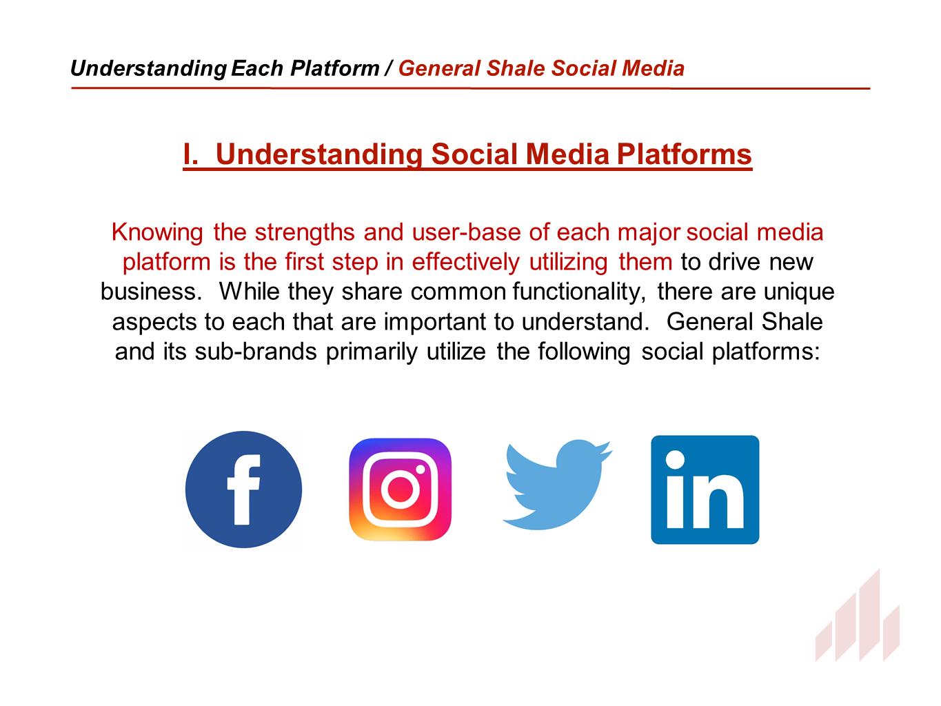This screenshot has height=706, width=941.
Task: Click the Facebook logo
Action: (x=243, y=489)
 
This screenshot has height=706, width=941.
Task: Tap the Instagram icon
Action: (x=400, y=489)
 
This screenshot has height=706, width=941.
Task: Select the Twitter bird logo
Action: (x=557, y=485)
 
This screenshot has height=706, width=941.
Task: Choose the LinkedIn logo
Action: (x=705, y=490)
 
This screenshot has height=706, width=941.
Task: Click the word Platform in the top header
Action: (x=334, y=68)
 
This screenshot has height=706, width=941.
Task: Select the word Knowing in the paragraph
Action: (x=157, y=233)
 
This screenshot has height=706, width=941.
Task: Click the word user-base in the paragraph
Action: (x=466, y=232)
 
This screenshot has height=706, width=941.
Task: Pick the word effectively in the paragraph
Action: (x=465, y=263)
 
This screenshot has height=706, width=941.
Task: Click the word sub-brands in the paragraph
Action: (x=256, y=352)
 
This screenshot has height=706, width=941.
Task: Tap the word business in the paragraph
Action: (x=151, y=292)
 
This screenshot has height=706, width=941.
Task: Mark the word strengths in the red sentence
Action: (x=305, y=233)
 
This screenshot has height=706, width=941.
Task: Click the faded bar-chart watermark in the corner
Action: (x=858, y=615)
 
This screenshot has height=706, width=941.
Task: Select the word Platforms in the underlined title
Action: (x=685, y=154)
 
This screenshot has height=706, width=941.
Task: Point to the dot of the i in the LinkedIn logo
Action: (x=675, y=460)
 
